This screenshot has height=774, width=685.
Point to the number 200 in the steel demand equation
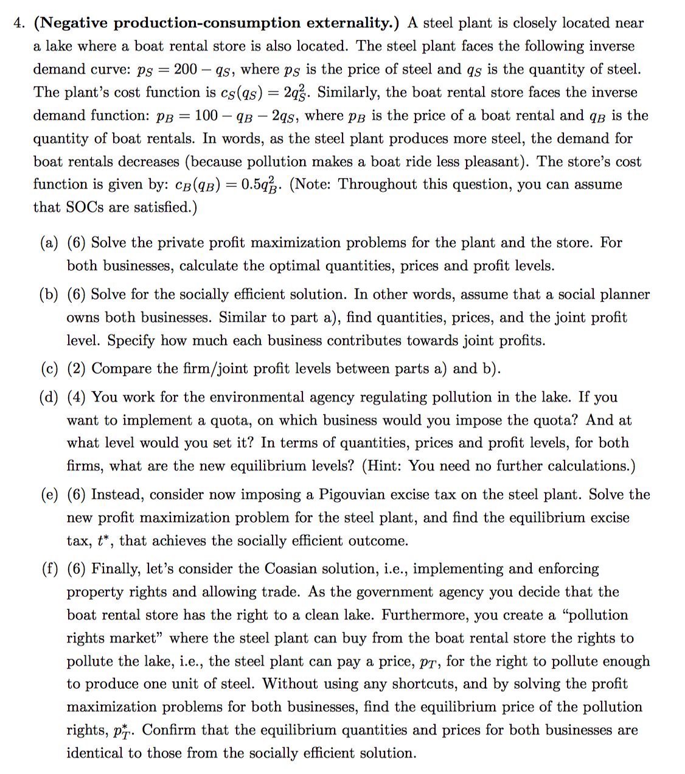click(x=186, y=69)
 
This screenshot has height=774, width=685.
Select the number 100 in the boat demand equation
click(x=206, y=116)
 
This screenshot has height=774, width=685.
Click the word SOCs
click(x=85, y=207)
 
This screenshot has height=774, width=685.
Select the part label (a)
click(x=49, y=243)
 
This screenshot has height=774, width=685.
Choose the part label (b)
click(x=49, y=295)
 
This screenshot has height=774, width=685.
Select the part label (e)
click(x=49, y=495)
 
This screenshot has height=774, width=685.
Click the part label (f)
click(x=49, y=569)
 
